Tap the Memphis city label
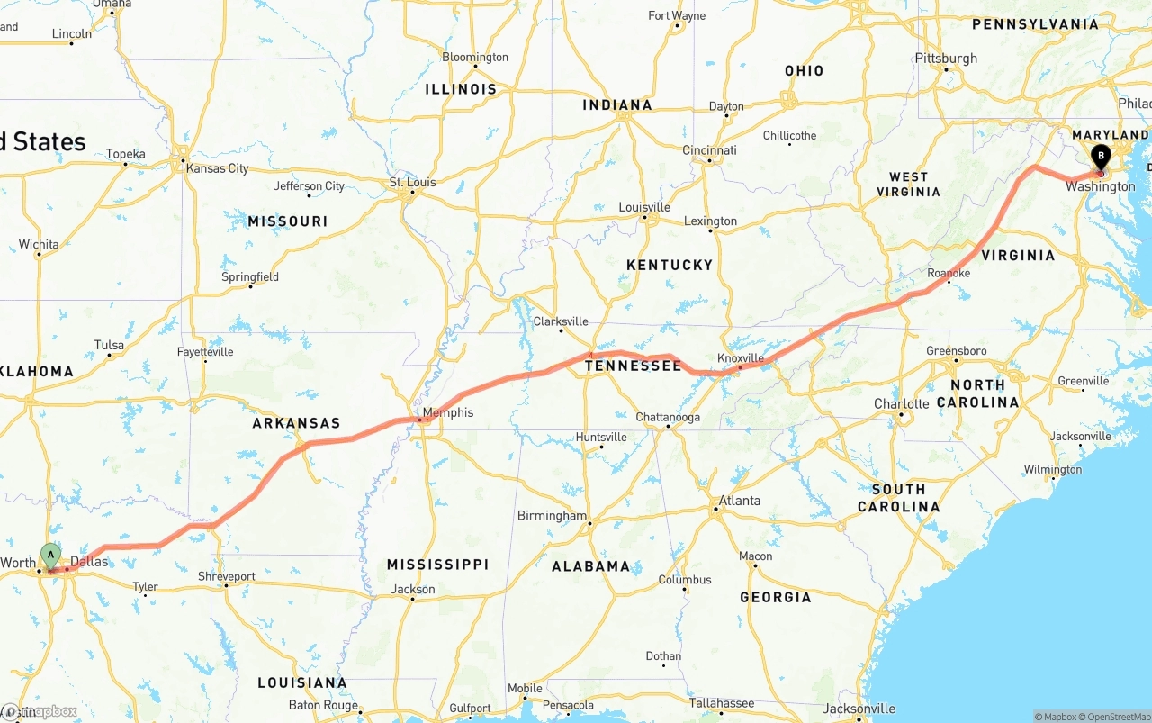point(446,413)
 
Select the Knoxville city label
point(741,358)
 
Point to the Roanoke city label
point(949,273)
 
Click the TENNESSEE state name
point(634,366)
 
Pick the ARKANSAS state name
point(296,423)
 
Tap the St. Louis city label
point(412,182)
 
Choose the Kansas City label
point(217,168)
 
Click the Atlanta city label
point(739,501)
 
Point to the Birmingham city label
point(552,516)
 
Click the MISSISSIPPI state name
point(437,565)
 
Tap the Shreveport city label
point(227,576)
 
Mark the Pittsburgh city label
point(946,59)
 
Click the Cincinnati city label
point(709,150)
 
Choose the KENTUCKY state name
point(669,265)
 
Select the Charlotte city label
point(901,403)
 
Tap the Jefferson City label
point(310,186)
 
